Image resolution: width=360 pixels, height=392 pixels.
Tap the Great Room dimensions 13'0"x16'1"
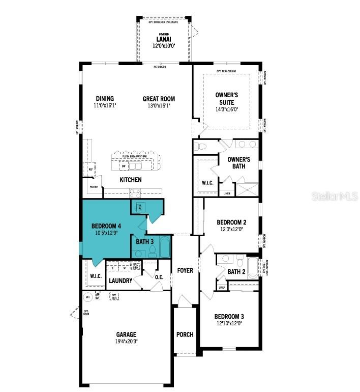tap(159, 106)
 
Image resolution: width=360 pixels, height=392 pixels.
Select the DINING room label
tap(105, 99)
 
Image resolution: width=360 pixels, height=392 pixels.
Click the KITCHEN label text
tap(131, 180)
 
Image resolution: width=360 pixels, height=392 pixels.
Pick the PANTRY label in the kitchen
tap(94, 187)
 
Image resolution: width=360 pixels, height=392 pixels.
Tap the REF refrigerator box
tap(91, 170)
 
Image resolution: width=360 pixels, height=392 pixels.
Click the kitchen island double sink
tap(135, 166)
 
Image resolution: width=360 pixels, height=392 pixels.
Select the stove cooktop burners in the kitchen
tap(135, 193)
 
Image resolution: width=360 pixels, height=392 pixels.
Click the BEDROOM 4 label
tap(106, 226)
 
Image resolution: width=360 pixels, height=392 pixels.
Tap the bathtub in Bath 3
tap(165, 247)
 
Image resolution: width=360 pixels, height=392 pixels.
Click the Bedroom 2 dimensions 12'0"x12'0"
tap(231, 230)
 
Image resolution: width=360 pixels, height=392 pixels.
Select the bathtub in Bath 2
tap(253, 265)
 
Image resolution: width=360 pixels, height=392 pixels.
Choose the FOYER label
tap(185, 270)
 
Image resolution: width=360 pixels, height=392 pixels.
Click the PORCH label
tap(185, 334)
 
